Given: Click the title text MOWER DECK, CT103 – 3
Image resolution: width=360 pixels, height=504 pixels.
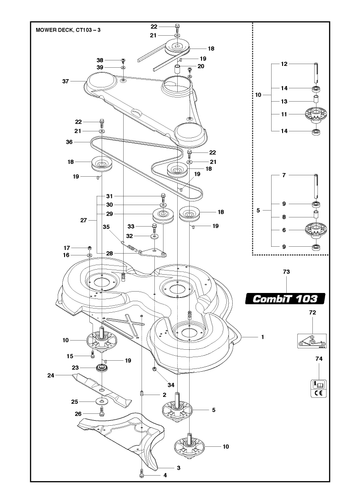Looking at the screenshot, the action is [68, 30].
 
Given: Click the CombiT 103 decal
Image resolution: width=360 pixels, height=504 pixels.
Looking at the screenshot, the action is [285, 299].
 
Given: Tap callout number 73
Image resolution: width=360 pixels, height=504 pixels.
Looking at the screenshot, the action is [286, 272].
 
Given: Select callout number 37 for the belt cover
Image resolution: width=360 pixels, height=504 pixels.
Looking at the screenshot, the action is [65, 81].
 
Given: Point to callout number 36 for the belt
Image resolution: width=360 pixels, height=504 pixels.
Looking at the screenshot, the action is [69, 142].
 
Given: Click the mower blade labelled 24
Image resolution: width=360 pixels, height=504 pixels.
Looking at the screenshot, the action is [102, 390].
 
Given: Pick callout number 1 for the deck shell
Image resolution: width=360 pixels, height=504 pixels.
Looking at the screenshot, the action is [263, 337].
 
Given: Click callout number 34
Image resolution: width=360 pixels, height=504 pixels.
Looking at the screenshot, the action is [171, 385].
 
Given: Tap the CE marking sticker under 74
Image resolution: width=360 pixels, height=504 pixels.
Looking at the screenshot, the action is [319, 388].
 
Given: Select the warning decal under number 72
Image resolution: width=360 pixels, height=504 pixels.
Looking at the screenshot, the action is [312, 341].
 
